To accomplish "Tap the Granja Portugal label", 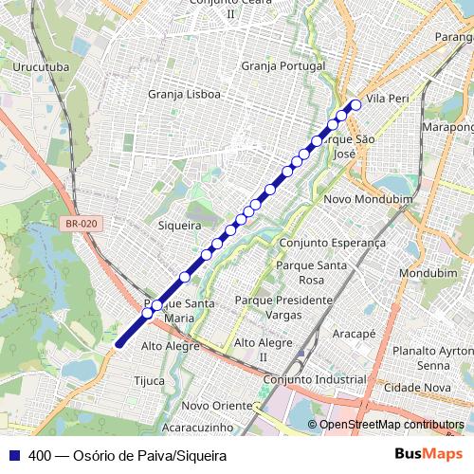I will [x=283, y=66].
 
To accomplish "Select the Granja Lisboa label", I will [x=185, y=94].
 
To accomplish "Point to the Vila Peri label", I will [x=387, y=99].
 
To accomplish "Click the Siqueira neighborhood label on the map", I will [x=179, y=226].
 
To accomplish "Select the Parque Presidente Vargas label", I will [x=283, y=306].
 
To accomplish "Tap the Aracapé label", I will [x=355, y=334].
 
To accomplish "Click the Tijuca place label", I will [x=149, y=381].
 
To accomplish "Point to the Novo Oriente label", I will [x=215, y=405].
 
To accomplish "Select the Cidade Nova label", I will [x=417, y=388].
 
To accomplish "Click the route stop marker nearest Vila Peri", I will [x=356, y=105].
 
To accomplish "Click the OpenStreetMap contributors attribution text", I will [x=392, y=425].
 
